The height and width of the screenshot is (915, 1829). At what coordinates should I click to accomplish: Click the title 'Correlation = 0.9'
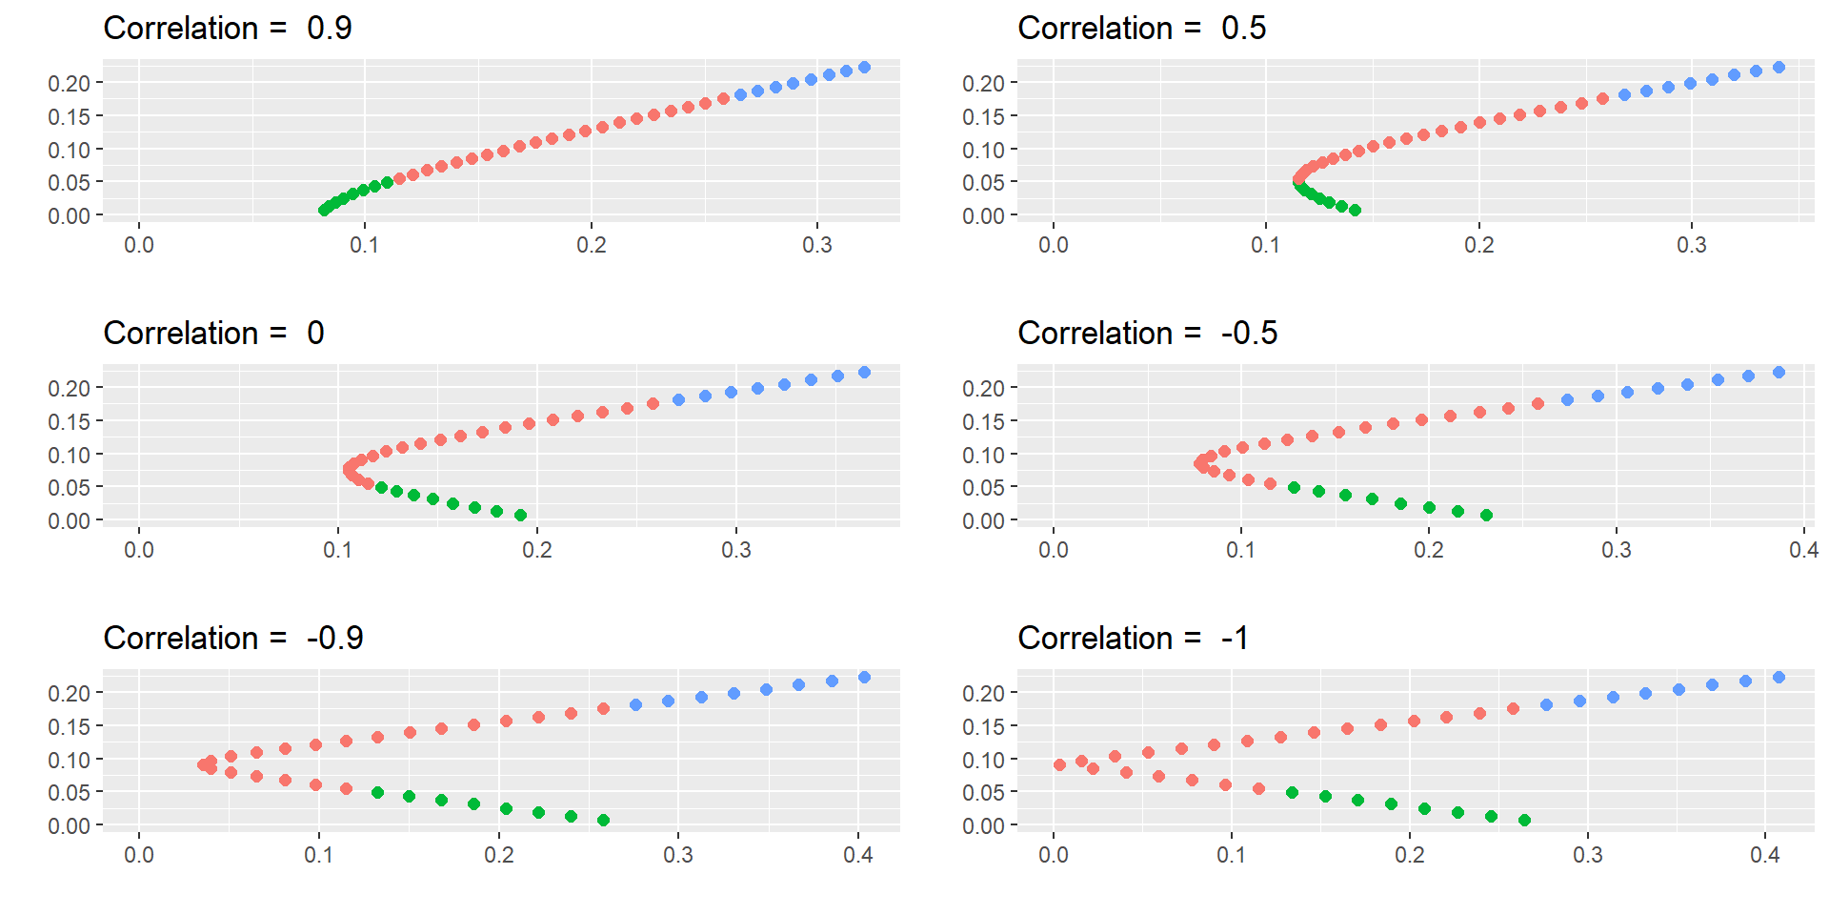(228, 29)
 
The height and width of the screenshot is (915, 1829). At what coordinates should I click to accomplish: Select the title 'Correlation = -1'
(1133, 639)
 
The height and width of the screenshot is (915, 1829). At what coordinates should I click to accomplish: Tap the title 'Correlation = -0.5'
(1147, 334)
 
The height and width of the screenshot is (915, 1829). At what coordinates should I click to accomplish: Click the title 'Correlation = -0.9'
(233, 639)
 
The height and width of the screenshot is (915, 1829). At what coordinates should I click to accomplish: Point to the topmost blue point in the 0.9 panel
(864, 68)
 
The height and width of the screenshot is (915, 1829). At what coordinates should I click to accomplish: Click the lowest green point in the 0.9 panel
(324, 211)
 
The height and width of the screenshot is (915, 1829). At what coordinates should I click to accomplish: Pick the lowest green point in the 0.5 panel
(1355, 211)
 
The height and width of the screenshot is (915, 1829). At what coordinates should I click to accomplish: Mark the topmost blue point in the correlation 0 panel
(864, 373)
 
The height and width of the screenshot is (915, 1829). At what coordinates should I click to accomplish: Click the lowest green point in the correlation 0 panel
(520, 516)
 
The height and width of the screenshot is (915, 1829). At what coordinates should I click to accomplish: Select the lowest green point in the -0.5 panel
(1486, 516)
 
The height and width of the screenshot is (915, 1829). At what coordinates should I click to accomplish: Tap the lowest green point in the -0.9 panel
(603, 821)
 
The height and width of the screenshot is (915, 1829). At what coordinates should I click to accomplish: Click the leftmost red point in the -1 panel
(1059, 765)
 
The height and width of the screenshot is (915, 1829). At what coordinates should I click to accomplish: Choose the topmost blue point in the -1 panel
(1779, 678)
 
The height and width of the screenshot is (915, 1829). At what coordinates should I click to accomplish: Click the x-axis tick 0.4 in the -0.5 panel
(1803, 550)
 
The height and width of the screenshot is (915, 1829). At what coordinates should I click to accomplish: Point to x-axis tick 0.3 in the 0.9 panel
(816, 245)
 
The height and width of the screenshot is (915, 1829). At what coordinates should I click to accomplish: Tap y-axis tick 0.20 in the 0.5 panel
(983, 84)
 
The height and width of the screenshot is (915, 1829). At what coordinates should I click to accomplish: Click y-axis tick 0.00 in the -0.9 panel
(69, 826)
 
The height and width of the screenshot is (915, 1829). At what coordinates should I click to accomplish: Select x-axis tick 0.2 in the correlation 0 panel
(536, 550)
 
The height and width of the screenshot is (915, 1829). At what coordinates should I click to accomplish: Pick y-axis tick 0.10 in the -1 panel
(983, 761)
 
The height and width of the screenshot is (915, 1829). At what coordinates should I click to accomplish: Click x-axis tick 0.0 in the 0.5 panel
(1053, 245)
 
